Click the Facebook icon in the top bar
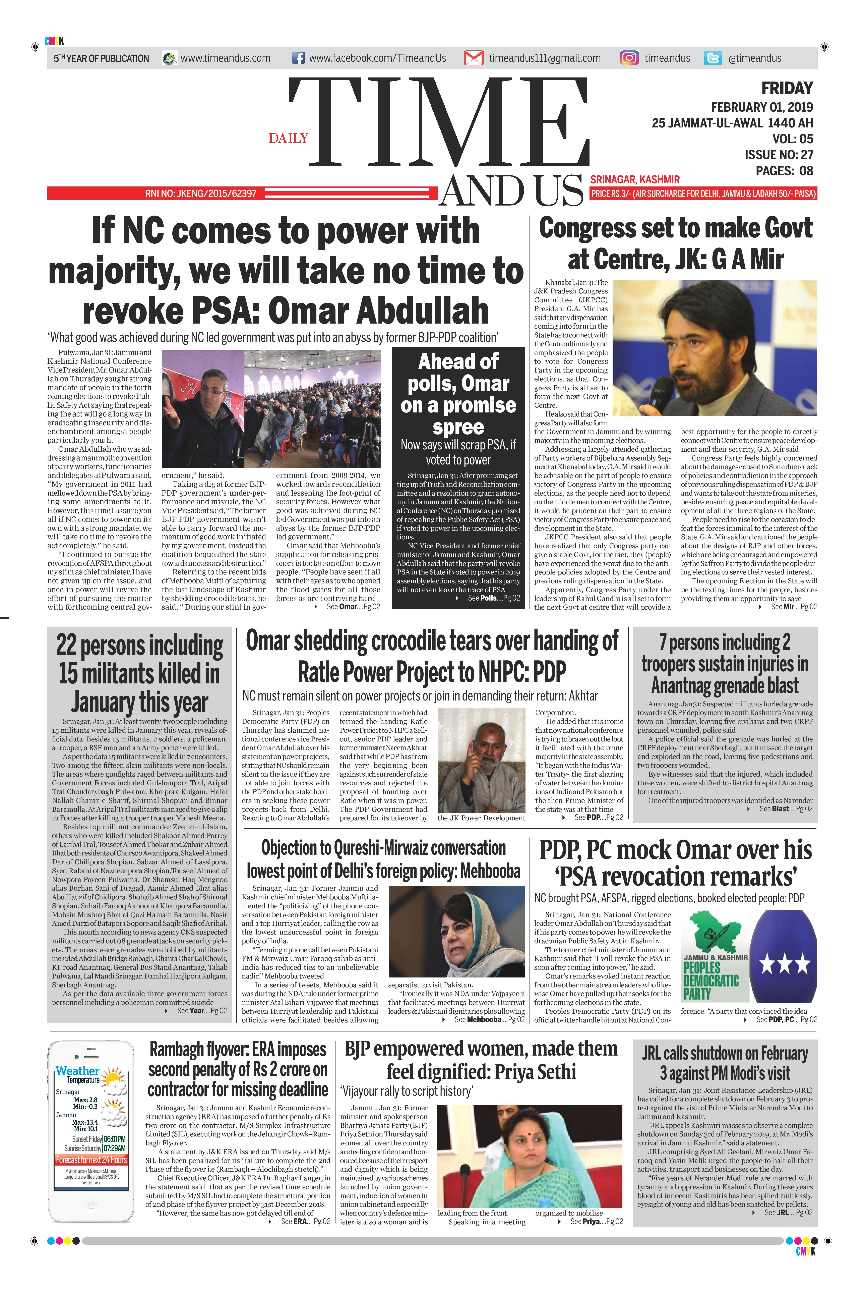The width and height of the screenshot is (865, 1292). click(298, 58)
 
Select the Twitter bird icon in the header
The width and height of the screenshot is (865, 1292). click(713, 58)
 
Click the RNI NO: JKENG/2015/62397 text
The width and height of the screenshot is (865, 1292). click(201, 194)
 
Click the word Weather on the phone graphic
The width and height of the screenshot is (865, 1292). click(77, 1071)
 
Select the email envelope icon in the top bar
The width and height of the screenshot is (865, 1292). click(473, 58)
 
